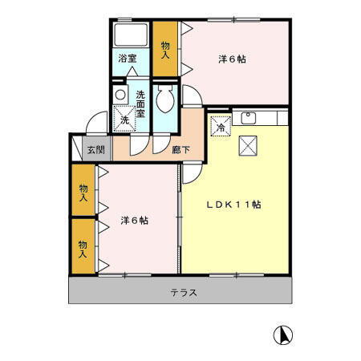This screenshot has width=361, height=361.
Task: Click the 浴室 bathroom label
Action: [x=128, y=59]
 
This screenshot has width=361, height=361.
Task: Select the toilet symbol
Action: [x=166, y=102]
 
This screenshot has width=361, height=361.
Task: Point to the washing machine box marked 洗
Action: [x=124, y=120]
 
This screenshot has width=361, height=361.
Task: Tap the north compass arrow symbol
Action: [x=282, y=334]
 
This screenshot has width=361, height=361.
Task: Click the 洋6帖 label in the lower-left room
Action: [x=134, y=219]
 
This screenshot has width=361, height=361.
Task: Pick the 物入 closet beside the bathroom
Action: [x=165, y=50]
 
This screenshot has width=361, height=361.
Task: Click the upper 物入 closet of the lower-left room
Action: [x=83, y=191]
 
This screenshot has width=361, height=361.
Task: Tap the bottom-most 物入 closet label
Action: [x=83, y=248]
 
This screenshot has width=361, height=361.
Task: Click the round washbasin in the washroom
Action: [x=120, y=95]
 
